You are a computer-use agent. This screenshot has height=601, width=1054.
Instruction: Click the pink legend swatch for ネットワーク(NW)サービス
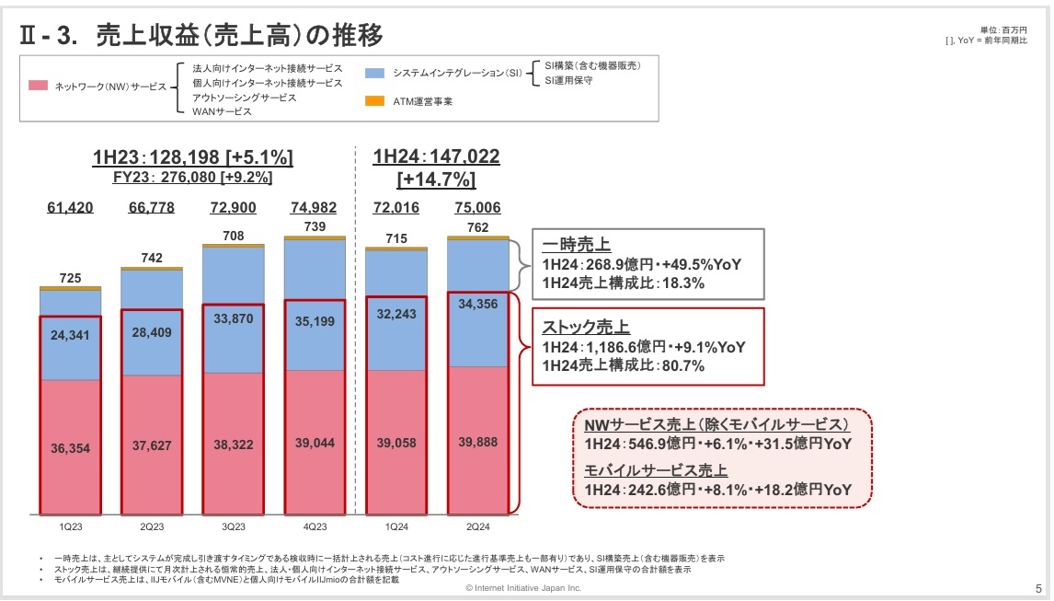pyautogui.click(x=38, y=86)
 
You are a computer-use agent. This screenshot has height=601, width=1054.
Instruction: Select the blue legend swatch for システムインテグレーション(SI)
pyautogui.click(x=374, y=72)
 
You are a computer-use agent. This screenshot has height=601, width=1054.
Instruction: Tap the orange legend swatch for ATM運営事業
pyautogui.click(x=374, y=100)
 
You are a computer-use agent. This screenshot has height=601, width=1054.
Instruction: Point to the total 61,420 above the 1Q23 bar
pyautogui.click(x=70, y=207)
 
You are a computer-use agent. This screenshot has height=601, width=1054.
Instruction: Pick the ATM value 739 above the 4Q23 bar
pyautogui.click(x=315, y=226)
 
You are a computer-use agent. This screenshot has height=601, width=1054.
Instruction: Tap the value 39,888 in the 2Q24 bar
pyautogui.click(x=477, y=442)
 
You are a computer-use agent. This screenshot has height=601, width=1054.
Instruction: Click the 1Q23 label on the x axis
pyautogui.click(x=70, y=526)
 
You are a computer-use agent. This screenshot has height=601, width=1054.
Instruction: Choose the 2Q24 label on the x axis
pyautogui.click(x=477, y=526)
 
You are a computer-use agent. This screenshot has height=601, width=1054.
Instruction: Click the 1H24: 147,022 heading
pyautogui.click(x=436, y=156)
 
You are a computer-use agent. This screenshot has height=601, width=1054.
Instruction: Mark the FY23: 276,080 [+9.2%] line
pyautogui.click(x=192, y=178)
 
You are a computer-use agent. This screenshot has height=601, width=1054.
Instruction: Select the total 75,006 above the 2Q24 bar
pyautogui.click(x=477, y=207)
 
